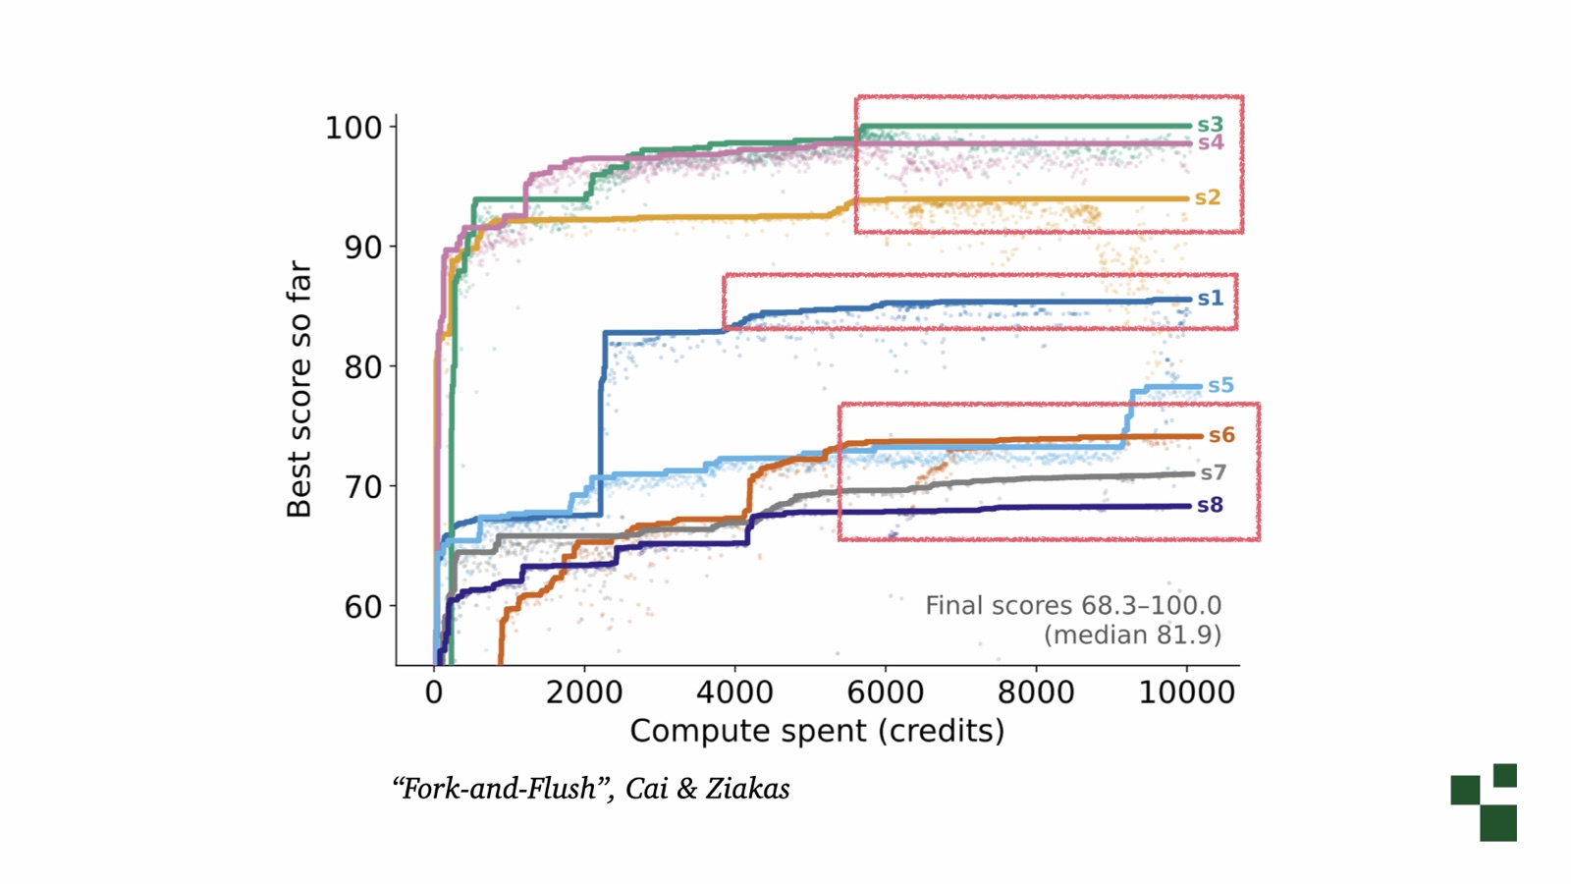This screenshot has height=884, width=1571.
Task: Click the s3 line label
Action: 1210,125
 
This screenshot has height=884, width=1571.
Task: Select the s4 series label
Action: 1211,142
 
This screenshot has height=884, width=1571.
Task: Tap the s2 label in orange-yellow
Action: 1208,197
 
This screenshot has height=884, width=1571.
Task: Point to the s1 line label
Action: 1211,299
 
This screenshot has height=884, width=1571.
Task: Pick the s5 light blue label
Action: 1220,385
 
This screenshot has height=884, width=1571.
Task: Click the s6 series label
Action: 1221,435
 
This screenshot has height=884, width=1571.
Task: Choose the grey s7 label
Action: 1214,472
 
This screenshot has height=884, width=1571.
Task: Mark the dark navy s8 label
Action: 1211,505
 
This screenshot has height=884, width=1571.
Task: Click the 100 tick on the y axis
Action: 353,128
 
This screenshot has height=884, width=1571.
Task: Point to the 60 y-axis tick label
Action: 362,606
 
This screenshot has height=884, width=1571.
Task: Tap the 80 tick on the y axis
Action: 362,367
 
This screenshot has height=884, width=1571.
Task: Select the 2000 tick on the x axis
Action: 584,692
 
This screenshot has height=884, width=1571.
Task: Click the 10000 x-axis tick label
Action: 1187,692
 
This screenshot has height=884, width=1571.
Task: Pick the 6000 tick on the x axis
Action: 885,692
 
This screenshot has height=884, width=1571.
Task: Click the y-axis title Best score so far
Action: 298,389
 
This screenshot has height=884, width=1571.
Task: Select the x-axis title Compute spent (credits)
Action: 817,731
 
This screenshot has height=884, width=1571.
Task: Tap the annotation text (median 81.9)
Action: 1133,635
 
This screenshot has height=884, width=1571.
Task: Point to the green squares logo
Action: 1484,801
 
